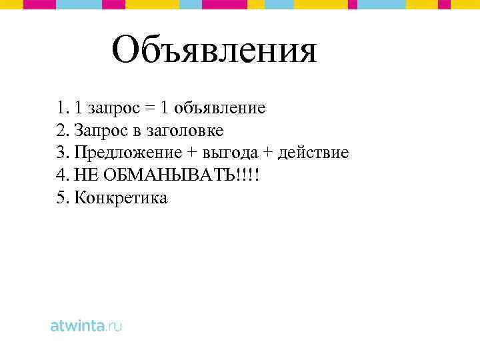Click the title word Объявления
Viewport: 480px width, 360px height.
pos(214,51)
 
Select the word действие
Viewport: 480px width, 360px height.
pos(313,153)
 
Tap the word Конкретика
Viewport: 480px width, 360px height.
pos(121,198)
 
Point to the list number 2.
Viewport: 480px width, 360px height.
pos(63,130)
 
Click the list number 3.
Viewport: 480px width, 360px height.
pos(63,153)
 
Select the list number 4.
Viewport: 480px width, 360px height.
pos(63,175)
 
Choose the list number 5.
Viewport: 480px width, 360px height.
pos(63,198)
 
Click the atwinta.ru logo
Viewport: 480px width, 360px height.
pos(87,326)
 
